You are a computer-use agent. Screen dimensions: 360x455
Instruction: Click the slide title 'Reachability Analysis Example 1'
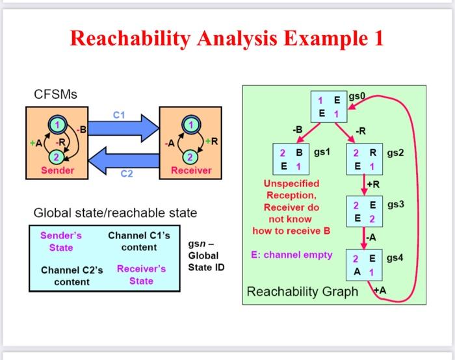click(227, 40)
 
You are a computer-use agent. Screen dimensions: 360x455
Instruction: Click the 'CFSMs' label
click(55, 95)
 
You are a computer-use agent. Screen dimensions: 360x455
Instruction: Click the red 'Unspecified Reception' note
click(291, 207)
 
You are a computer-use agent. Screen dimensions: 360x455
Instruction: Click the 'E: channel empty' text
click(291, 255)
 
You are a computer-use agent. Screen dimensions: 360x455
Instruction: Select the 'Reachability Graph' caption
click(302, 292)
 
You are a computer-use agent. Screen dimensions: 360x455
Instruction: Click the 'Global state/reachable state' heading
click(115, 213)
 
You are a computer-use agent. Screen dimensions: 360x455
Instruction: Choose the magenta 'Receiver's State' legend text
click(141, 275)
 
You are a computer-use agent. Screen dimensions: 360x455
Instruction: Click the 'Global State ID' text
click(205, 255)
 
